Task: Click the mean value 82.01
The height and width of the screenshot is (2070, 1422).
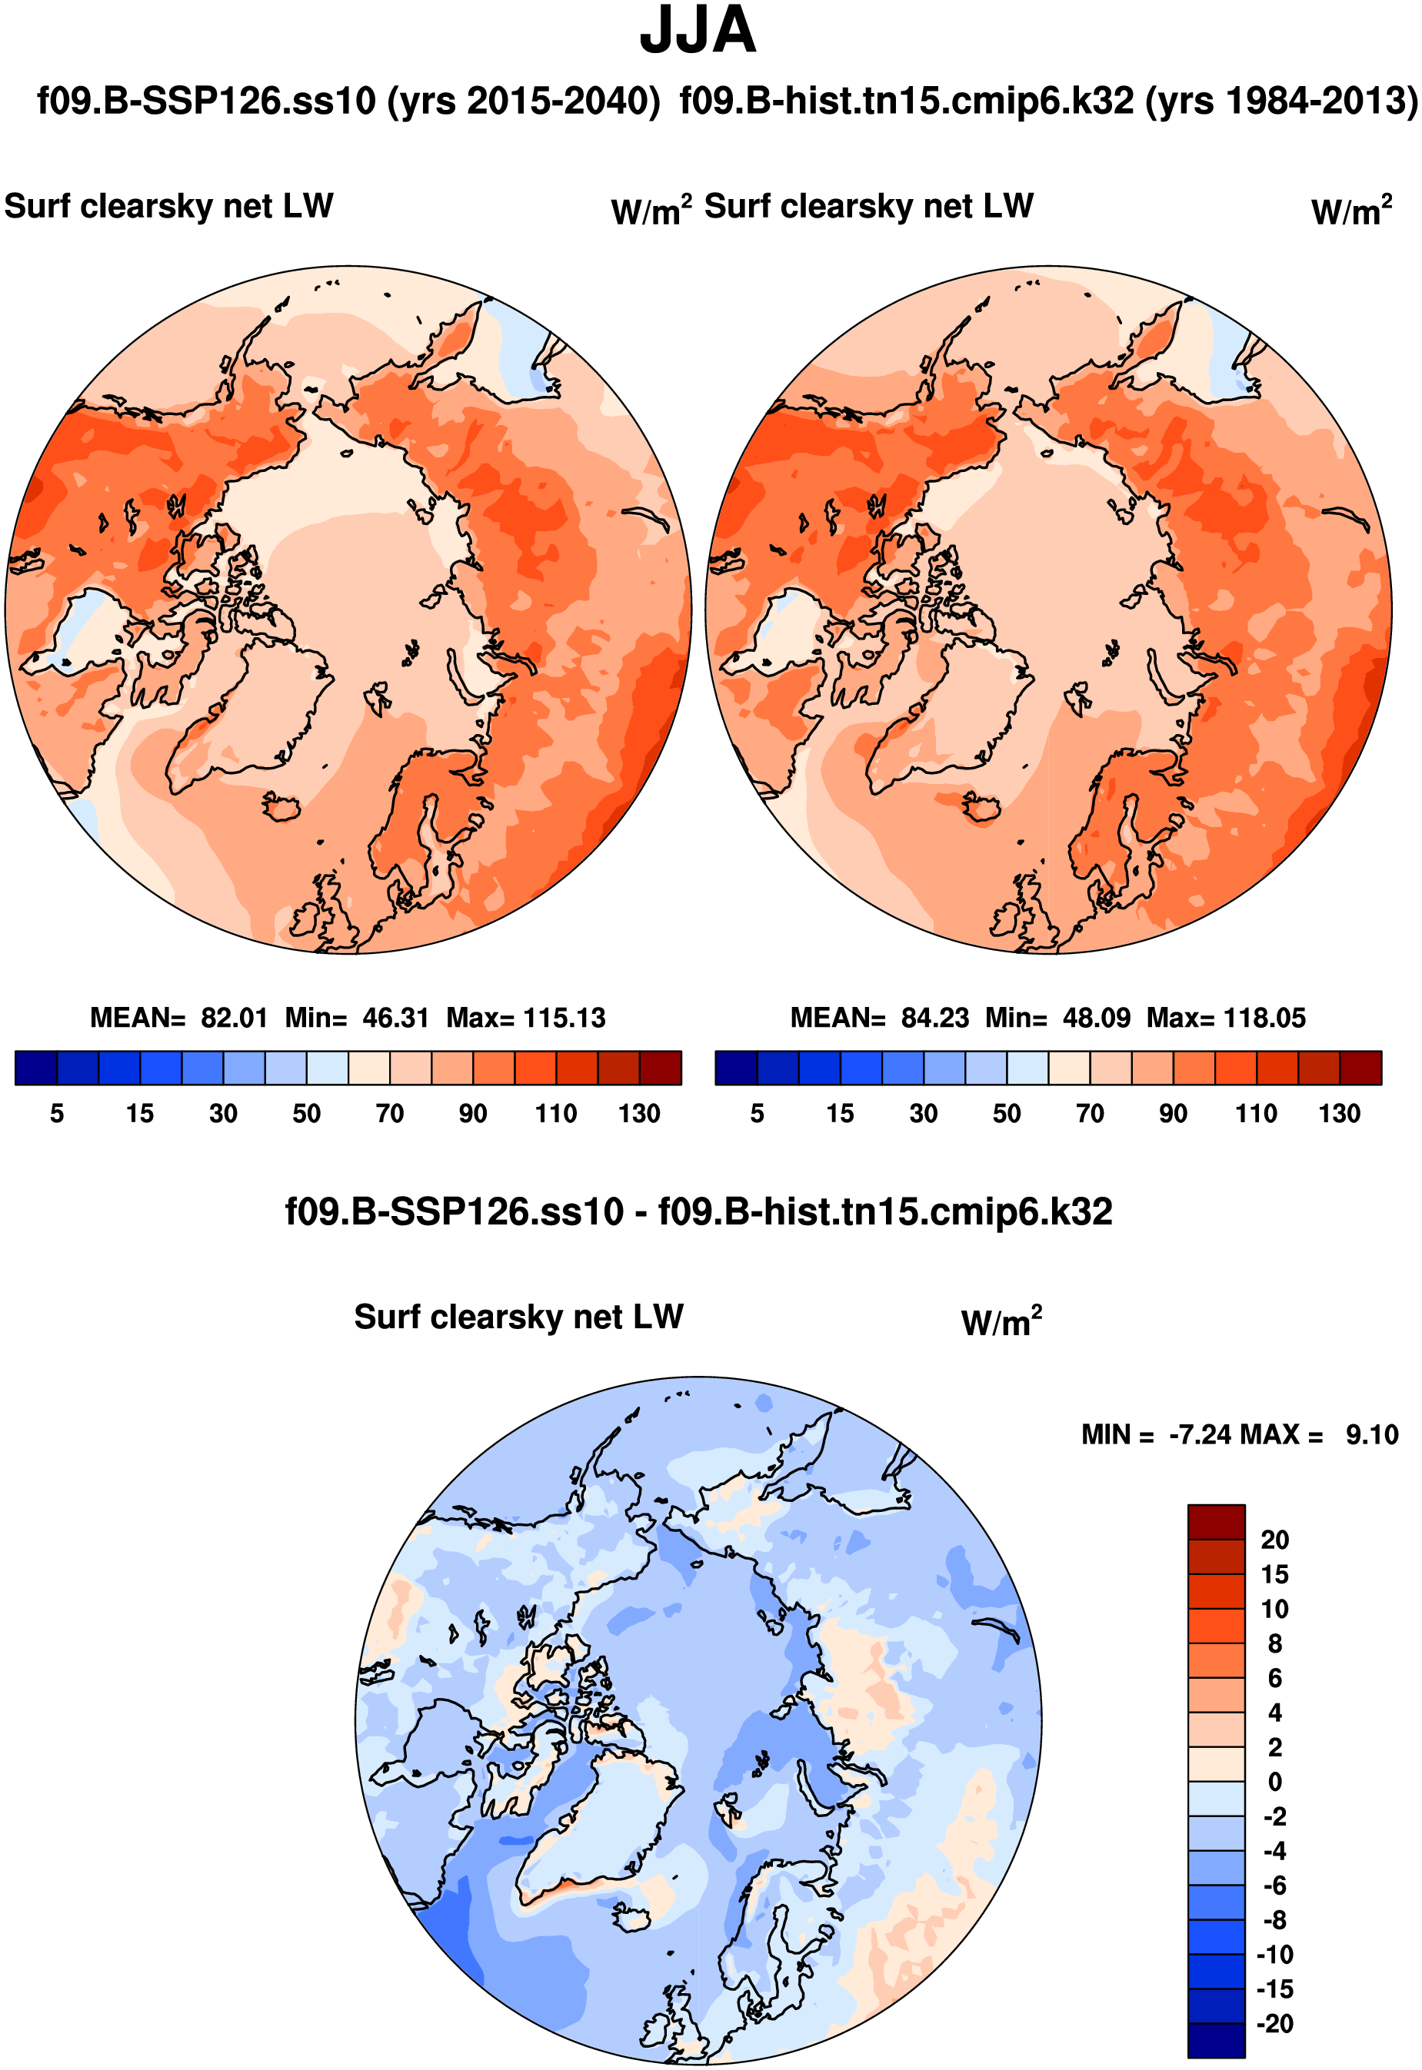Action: [234, 1018]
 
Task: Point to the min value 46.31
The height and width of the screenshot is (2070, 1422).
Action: [395, 1018]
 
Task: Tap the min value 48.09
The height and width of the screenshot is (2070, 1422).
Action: [1096, 1018]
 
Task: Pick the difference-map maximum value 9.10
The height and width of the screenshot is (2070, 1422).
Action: [1371, 1435]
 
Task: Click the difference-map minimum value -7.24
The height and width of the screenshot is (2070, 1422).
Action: [1201, 1435]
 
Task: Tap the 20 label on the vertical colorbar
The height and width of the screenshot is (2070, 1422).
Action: [1274, 1540]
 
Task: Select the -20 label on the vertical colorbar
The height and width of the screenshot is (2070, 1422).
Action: [1274, 2024]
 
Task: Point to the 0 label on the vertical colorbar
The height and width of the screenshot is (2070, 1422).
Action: [1274, 1783]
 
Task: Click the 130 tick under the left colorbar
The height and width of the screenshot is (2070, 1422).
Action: [639, 1113]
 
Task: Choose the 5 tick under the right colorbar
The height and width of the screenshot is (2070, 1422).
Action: [758, 1113]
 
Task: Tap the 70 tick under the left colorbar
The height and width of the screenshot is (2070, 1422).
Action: [389, 1113]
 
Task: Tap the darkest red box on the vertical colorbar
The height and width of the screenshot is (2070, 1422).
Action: [1215, 1521]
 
